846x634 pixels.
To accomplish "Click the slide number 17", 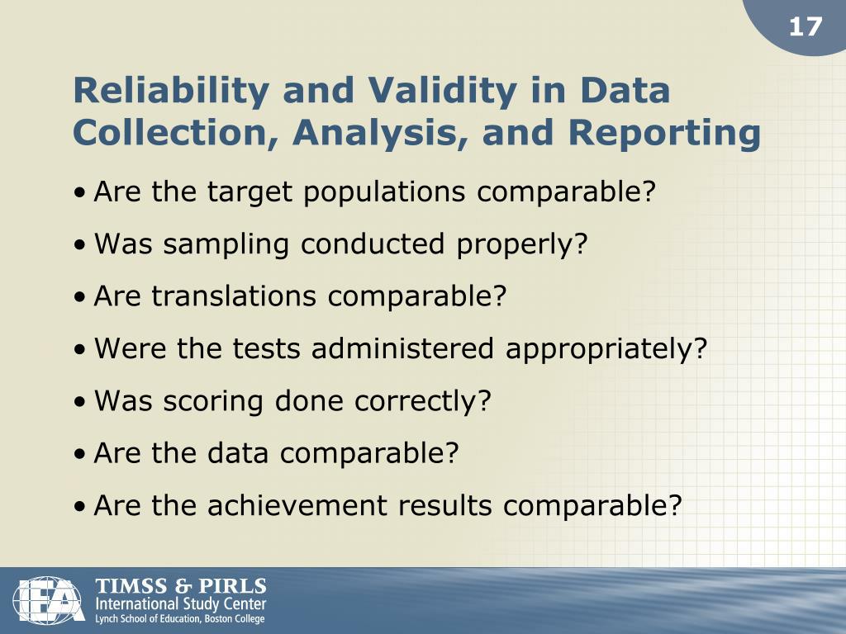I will (806, 27).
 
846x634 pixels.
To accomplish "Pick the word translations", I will (235, 296).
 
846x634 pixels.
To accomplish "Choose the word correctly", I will (423, 401).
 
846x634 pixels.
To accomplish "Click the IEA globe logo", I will (49, 600).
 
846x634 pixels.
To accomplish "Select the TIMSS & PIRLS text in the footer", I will (181, 587).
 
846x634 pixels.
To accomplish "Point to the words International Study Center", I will (181, 604).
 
